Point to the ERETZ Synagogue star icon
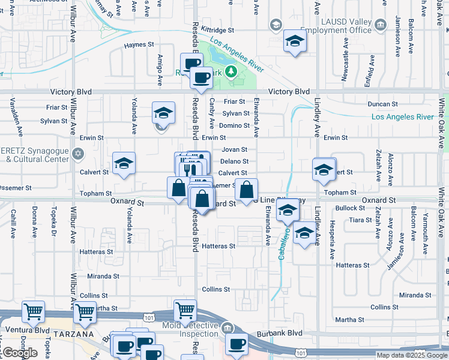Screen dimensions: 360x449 click(76, 154)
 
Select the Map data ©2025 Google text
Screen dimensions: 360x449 click(412, 355)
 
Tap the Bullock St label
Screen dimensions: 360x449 click(350, 208)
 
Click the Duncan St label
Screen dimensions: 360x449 click(382, 104)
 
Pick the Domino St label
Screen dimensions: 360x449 click(234, 125)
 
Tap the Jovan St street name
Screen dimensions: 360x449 click(235, 149)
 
